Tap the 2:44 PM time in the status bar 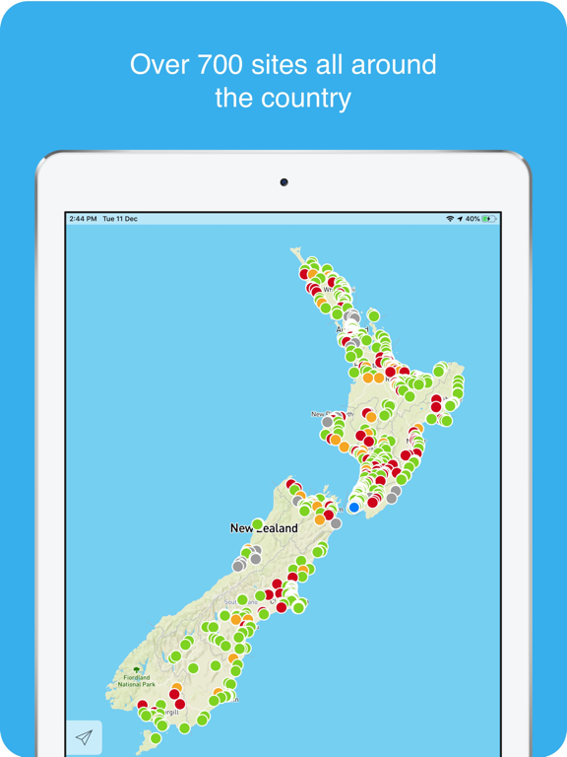click(83, 219)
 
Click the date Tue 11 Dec click(120, 219)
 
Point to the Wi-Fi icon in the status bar click(450, 219)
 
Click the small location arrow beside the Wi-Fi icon click(460, 219)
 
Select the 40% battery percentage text click(472, 219)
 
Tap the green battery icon click(489, 219)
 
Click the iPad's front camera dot click(283, 182)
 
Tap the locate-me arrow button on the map click(84, 737)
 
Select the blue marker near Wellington click(354, 508)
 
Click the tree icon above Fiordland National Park click(137, 670)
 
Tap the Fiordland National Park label click(137, 680)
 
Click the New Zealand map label click(264, 528)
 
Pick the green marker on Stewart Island click(156, 738)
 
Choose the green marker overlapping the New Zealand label click(258, 523)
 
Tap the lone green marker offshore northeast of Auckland click(374, 315)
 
